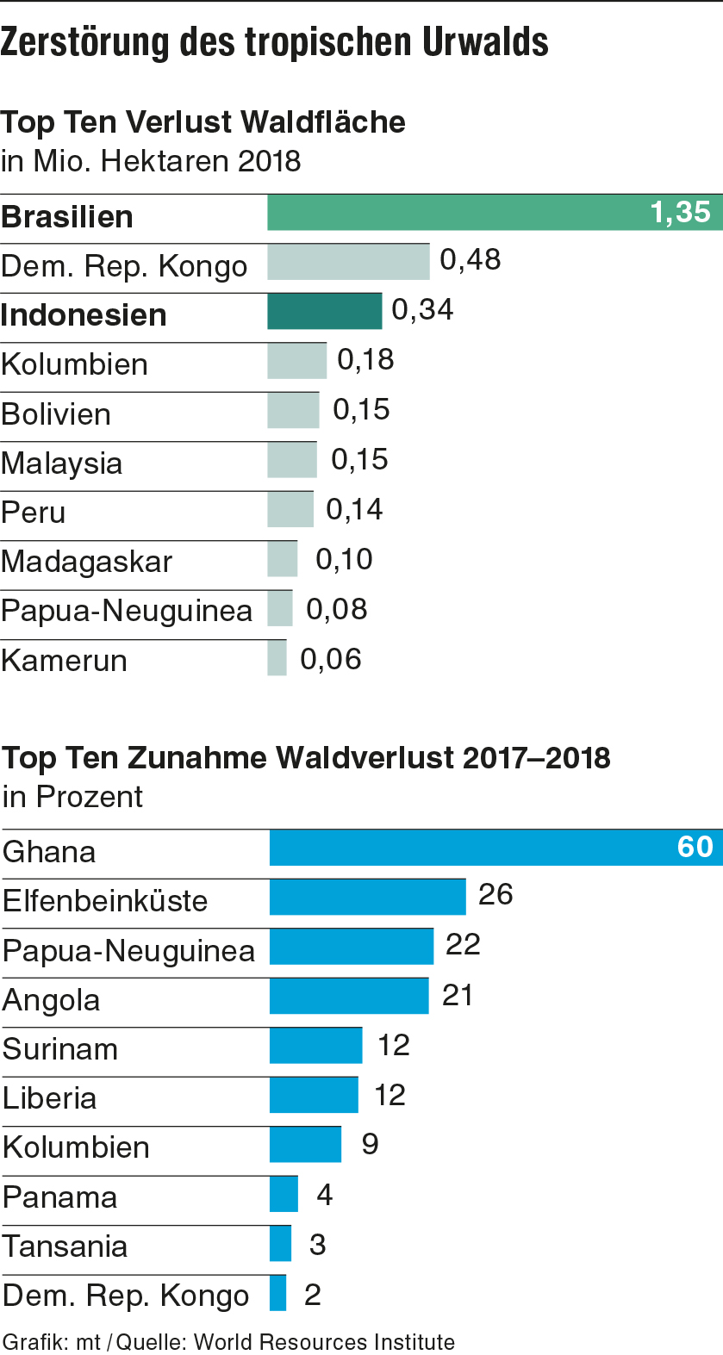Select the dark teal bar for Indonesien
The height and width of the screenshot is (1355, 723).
[x=324, y=312]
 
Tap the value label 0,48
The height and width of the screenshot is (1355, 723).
[x=471, y=260]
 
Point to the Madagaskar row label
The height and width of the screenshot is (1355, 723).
[x=87, y=562]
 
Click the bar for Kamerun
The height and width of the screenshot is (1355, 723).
[x=277, y=658]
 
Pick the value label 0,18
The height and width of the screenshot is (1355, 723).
[x=365, y=360]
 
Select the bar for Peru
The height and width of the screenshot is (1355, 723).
[x=290, y=509]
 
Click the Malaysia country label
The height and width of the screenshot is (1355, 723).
[x=62, y=463]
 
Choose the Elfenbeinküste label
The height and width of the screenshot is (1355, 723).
[x=105, y=901]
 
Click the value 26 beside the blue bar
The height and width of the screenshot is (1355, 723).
[x=496, y=895]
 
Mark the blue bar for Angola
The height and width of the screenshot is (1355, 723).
[x=349, y=996]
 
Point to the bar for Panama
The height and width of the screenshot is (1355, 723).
[x=284, y=1195]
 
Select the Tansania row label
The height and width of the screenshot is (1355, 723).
[x=65, y=1246]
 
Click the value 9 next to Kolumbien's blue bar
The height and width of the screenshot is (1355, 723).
[x=370, y=1144]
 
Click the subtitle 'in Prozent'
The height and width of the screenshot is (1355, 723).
[x=72, y=797]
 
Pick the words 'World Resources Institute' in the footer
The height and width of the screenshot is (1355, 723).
[x=324, y=1342]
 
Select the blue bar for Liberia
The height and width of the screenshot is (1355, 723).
[x=314, y=1095]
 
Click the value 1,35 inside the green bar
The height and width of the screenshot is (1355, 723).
[x=680, y=212]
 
